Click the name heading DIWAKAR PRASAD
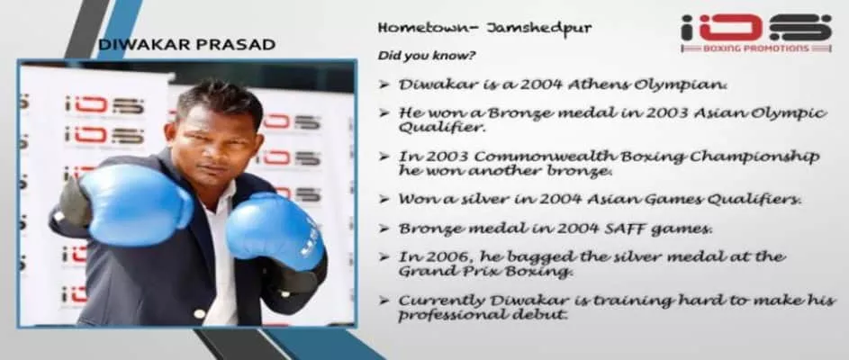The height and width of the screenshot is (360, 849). pyautogui.click(x=186, y=44)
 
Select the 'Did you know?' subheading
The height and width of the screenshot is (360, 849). pyautogui.click(x=427, y=56)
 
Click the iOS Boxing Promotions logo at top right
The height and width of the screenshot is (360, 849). pyautogui.click(x=756, y=33)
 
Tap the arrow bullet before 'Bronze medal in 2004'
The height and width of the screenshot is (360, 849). pyautogui.click(x=384, y=229)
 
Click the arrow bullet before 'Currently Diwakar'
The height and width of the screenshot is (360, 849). pyautogui.click(x=384, y=301)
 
